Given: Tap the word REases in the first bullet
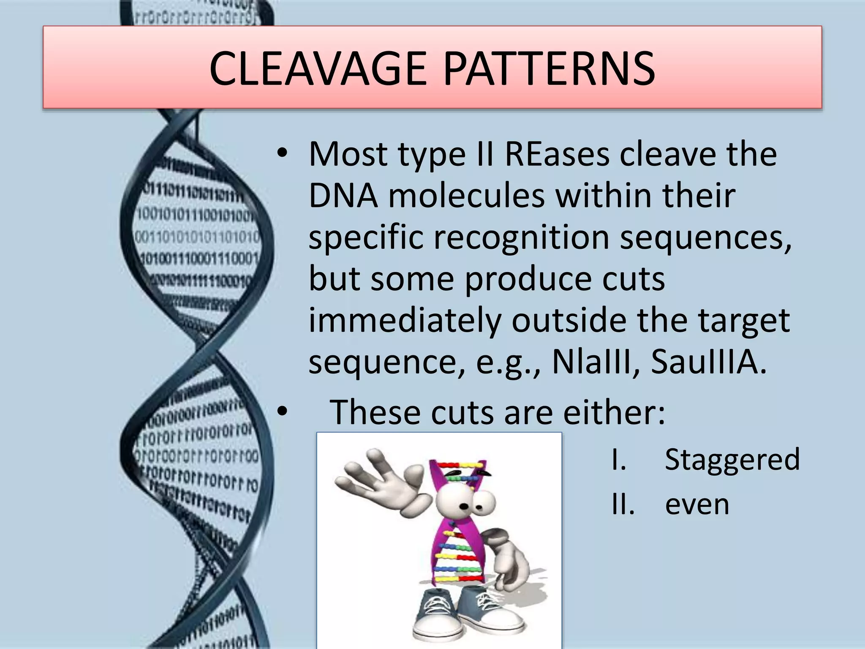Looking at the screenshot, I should (x=557, y=154).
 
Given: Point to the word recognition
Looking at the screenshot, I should (x=521, y=237).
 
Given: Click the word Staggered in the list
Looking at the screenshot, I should (x=732, y=459).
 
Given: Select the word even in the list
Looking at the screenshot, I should (x=697, y=504).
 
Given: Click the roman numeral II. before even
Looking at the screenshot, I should (x=623, y=504).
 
